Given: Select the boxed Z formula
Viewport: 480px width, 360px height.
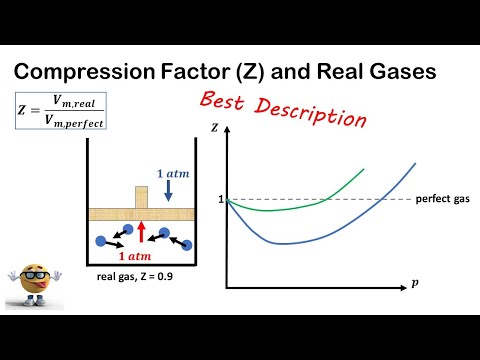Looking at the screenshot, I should [x=59, y=110].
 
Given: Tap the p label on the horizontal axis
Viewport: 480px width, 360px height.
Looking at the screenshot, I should [x=415, y=284].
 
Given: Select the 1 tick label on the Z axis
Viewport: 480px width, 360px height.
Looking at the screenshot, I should [x=220, y=200].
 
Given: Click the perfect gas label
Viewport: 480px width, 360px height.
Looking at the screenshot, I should [x=442, y=200].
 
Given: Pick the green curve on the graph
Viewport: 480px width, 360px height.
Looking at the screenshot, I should [x=300, y=205].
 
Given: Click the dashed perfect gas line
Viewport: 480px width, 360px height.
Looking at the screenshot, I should [x=380, y=200].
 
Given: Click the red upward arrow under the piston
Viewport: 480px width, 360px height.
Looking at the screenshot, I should [x=142, y=232].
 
